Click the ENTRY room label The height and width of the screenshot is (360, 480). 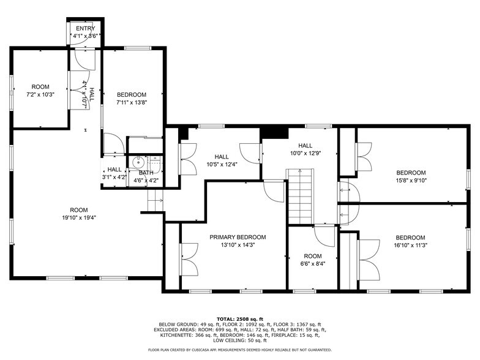84,29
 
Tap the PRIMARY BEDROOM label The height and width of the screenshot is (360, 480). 238,237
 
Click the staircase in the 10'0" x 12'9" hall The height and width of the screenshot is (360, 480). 300,197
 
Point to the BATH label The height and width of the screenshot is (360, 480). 146,173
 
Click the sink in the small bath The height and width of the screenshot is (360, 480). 138,163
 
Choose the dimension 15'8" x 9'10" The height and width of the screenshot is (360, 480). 410,181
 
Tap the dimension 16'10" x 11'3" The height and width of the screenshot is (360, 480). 410,246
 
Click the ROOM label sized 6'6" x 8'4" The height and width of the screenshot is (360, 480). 312,256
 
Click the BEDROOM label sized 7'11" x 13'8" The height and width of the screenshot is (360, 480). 132,94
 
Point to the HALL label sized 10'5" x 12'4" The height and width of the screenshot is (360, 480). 221,156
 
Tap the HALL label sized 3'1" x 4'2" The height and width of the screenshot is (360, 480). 114,170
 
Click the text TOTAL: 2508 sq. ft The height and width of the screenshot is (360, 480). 239,319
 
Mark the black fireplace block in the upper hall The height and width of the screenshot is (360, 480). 274,133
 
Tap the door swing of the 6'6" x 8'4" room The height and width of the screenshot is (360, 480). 323,235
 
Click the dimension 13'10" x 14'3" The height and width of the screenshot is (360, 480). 238,245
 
